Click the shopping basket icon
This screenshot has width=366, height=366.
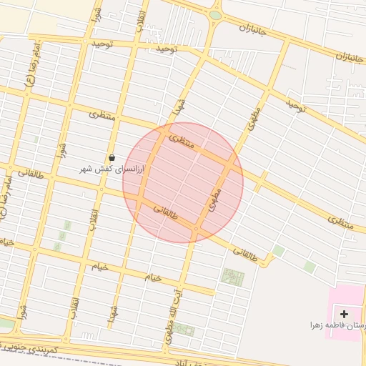[112, 158]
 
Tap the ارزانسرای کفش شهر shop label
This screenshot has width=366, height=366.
[112, 169]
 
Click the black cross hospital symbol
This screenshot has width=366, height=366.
[345, 314]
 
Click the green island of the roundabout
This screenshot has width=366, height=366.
[215, 15]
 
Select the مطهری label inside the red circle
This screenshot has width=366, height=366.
[215, 199]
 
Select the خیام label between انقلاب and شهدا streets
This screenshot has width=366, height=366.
[99, 266]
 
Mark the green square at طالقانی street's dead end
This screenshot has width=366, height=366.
[278, 251]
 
